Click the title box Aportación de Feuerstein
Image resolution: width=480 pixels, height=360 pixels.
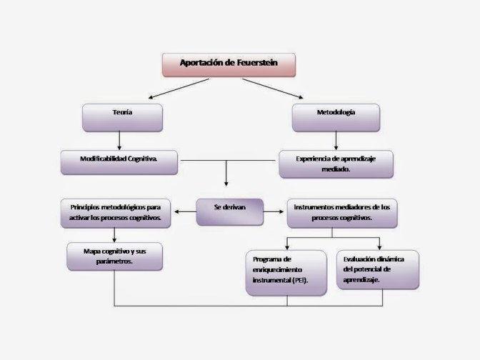229,64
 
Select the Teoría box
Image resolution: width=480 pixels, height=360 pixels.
122,117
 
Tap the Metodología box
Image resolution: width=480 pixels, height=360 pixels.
336,117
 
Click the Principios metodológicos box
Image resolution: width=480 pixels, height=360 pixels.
116,212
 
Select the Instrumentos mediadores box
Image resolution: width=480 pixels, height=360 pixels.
342,212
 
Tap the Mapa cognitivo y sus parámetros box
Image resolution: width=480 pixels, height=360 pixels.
114,257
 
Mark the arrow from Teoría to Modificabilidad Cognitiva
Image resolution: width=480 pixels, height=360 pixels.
122,141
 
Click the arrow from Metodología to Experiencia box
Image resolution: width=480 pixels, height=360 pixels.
336,141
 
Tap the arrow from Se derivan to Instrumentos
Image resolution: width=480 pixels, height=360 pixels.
274,211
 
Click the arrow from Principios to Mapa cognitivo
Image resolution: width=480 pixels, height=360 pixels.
114,236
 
